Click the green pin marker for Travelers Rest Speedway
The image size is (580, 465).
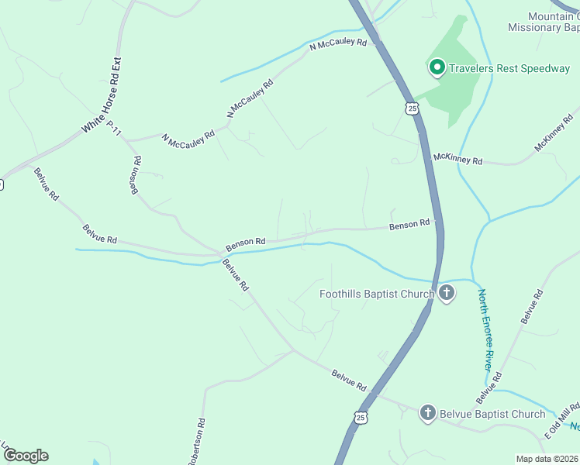pos(437,68)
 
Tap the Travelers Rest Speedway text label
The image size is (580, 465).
pos(508,68)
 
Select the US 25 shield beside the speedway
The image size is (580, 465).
pos(412,108)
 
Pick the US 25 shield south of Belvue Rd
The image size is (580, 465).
pos(361,418)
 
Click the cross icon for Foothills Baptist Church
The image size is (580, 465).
pos(446,293)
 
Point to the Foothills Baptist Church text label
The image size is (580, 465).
pos(377,294)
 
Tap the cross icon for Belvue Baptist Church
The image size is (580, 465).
pos(427,413)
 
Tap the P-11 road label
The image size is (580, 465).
pos(114,128)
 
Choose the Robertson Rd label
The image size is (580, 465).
pos(195,443)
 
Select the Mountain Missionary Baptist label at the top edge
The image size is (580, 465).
pos(544,22)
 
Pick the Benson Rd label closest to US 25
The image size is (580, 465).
pos(409,224)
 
